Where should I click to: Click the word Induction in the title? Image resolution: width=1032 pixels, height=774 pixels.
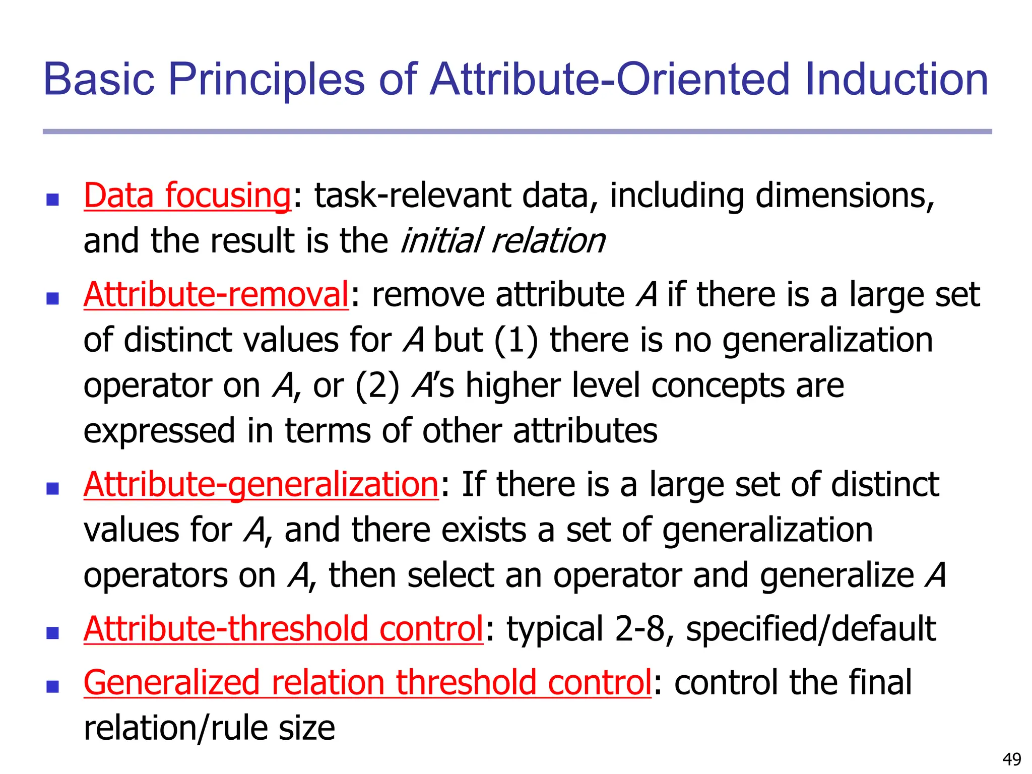pyautogui.click(x=896, y=79)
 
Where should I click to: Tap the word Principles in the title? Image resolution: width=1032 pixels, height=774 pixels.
pyautogui.click(x=266, y=79)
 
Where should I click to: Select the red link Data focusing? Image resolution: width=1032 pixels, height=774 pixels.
pyautogui.click(x=187, y=196)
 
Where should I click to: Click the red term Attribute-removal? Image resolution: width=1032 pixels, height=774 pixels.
pyautogui.click(x=216, y=294)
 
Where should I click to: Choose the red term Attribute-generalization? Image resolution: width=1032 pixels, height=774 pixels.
pyautogui.click(x=261, y=484)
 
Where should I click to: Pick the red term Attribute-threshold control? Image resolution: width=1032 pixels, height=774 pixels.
pyautogui.click(x=283, y=629)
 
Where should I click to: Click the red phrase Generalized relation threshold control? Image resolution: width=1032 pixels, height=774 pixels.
pyautogui.click(x=367, y=683)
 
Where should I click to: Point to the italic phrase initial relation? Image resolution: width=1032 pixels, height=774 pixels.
pyautogui.click(x=502, y=241)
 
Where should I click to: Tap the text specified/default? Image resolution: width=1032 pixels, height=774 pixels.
pyautogui.click(x=811, y=629)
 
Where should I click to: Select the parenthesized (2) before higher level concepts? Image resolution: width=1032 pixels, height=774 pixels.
pyautogui.click(x=377, y=386)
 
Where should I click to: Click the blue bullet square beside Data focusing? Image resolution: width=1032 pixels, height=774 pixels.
pyautogui.click(x=52, y=200)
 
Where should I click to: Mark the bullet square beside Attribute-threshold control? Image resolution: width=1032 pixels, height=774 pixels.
pyautogui.click(x=52, y=633)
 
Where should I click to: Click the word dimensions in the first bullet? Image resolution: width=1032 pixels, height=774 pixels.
pyautogui.click(x=845, y=196)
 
